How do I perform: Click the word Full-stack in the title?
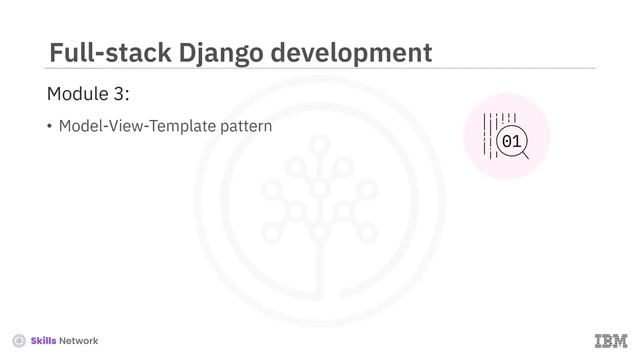pos(106,52)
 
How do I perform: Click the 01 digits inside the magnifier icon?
pos(511,142)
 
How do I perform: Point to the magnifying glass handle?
pos(525,156)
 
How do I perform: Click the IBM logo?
pos(611,340)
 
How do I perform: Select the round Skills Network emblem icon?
pos(19,341)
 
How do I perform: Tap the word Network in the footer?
pos(79,341)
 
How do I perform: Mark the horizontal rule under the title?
pos(320,69)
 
